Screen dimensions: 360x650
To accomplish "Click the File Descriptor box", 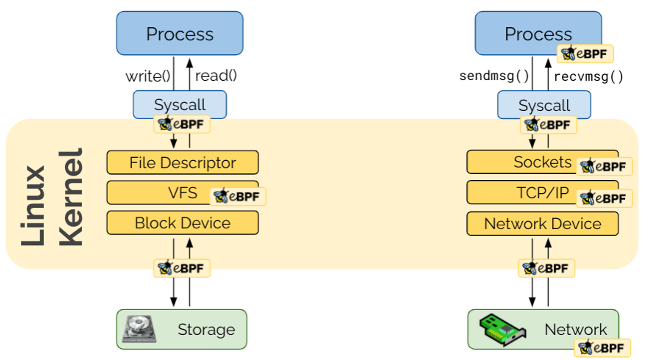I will click(182, 162).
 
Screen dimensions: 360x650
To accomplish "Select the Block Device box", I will click(182, 223).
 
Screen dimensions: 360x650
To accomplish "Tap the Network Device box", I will click(542, 224).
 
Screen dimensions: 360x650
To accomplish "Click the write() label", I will click(148, 76).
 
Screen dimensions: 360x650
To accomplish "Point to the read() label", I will click(216, 76).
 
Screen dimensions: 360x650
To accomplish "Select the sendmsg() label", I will click(494, 76).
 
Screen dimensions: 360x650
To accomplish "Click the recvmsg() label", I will click(588, 76).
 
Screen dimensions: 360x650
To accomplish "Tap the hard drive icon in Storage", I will click(139, 329).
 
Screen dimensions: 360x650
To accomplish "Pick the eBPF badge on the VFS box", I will click(238, 196).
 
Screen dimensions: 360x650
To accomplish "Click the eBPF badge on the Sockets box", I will click(604, 166).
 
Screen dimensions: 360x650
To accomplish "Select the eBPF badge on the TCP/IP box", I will click(604, 198).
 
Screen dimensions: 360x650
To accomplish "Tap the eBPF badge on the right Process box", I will click(585, 54).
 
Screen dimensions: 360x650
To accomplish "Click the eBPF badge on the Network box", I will click(602, 348).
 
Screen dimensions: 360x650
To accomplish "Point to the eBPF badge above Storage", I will click(182, 268).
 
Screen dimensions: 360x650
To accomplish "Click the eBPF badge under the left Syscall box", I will click(182, 124).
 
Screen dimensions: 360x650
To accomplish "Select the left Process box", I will click(179, 33).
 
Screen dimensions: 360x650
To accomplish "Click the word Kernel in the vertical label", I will click(70, 198).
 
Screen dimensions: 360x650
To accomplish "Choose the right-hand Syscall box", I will click(544, 105).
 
